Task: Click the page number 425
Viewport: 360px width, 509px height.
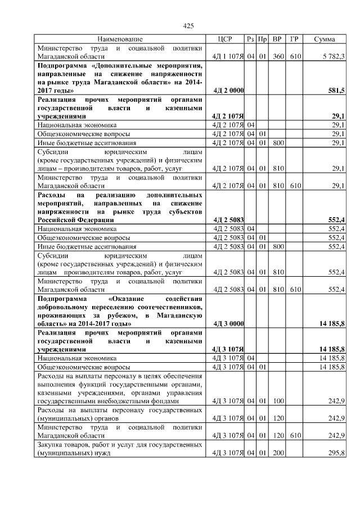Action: pos(189,26)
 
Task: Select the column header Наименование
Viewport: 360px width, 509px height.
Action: pos(119,39)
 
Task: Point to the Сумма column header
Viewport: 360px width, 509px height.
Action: pos(325,39)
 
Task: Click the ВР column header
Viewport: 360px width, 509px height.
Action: pos(277,39)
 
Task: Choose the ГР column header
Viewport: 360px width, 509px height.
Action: pos(294,39)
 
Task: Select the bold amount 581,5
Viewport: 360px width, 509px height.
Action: pos(336,90)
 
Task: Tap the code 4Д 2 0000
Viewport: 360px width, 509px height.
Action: pos(228,90)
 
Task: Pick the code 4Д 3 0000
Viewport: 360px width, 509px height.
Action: pos(228,324)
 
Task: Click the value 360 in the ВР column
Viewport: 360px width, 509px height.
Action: pos(277,56)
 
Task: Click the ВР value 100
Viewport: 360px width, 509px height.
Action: pos(277,402)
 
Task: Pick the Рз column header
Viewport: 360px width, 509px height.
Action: pos(250,39)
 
